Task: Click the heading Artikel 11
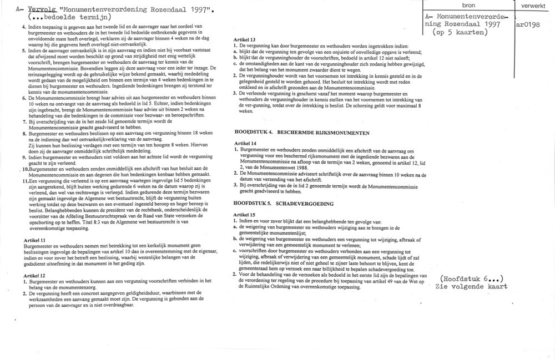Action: click(35, 239)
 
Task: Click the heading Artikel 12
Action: click(35, 275)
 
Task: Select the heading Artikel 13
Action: click(245, 40)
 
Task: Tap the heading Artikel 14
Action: click(245, 143)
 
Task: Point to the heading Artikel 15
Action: click(245, 215)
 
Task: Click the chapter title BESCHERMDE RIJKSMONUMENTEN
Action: click(324, 133)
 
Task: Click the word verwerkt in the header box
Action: click(534, 5)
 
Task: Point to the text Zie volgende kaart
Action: click(472, 287)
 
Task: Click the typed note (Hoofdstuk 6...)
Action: click(472, 278)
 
